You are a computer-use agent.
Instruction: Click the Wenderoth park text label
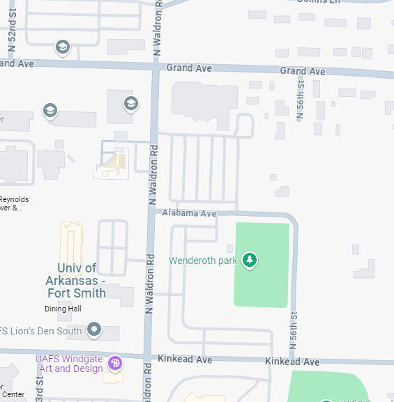coord(204,261)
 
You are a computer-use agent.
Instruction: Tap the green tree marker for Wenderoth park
coord(250,261)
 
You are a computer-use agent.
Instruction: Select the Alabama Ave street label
coord(189,213)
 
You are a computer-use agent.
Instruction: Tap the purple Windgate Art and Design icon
coord(115,364)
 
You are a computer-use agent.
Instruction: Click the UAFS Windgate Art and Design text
coord(69,364)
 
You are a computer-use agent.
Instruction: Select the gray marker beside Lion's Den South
coord(96,329)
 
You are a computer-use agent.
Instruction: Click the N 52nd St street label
coord(12,35)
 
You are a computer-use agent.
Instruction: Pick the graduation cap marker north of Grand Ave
coord(63,47)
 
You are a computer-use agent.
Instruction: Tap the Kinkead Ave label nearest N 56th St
coord(291,362)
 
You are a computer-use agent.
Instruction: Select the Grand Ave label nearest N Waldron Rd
coord(188,68)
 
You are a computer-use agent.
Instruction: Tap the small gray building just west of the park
coord(229,249)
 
